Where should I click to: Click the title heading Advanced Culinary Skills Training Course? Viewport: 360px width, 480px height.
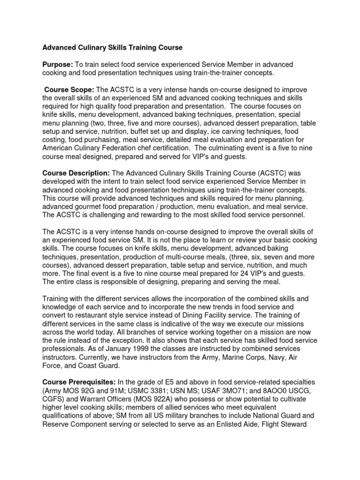click(112, 48)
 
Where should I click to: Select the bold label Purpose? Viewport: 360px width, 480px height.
click(58, 64)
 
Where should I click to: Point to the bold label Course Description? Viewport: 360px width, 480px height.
click(76, 173)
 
